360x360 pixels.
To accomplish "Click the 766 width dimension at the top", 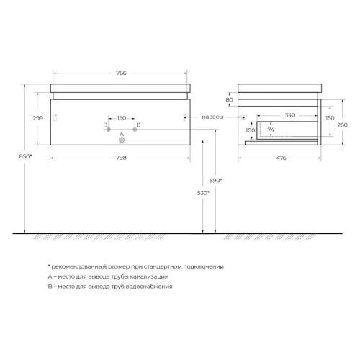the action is point(121,73).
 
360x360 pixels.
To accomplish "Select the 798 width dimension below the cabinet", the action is point(121,158).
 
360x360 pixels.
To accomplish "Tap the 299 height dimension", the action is point(38,118).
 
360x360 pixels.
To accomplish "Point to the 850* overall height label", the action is point(25,156).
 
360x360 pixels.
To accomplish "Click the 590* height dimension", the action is point(216,181).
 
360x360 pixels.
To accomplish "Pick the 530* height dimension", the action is point(203,193).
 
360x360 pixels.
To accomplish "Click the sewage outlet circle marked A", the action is point(122,140).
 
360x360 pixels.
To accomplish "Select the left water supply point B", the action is point(109,130).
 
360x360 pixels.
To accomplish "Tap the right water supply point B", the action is point(135,130).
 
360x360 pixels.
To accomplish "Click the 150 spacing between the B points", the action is point(122,118).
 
